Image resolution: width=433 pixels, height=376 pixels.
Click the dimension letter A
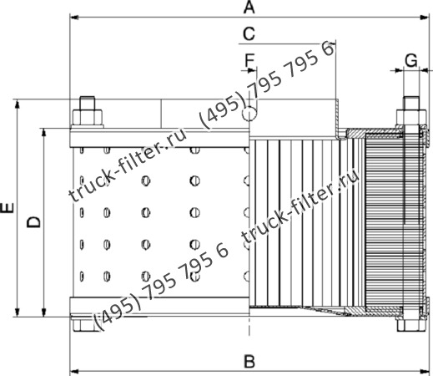click(x=248, y=8)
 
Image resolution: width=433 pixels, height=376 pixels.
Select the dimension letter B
click(x=248, y=361)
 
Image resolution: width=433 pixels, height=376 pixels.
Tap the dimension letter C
click(x=248, y=33)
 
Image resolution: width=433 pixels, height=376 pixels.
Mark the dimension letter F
click(x=248, y=61)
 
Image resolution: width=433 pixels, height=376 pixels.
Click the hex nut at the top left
click(x=86, y=114)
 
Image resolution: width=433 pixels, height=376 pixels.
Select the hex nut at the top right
click(x=410, y=114)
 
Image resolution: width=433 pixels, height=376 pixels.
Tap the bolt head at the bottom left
click(x=86, y=322)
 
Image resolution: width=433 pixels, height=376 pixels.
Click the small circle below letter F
click(x=250, y=114)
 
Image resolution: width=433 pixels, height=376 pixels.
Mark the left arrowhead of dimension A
click(x=73, y=17)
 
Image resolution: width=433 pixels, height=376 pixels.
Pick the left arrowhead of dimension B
click(x=73, y=370)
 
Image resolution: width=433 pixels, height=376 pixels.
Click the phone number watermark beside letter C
click(x=267, y=84)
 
